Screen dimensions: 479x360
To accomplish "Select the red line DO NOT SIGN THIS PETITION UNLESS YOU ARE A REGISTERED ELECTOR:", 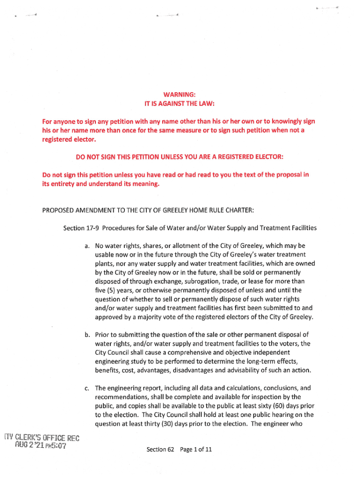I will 176,157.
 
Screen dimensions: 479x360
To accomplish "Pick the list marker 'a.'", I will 87,246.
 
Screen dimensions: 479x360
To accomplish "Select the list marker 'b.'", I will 87,334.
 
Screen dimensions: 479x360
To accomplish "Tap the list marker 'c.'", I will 87,388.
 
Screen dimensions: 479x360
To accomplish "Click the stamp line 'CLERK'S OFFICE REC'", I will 45,438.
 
